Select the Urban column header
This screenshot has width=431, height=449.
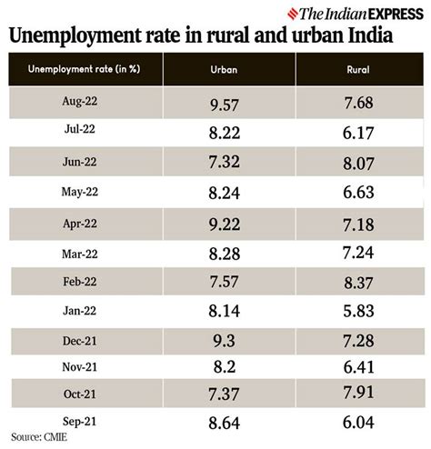224,70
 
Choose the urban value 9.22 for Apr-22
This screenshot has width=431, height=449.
224,224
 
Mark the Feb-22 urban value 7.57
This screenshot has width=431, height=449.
224,283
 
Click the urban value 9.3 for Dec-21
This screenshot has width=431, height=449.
224,342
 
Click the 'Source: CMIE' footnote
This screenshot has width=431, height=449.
42,440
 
